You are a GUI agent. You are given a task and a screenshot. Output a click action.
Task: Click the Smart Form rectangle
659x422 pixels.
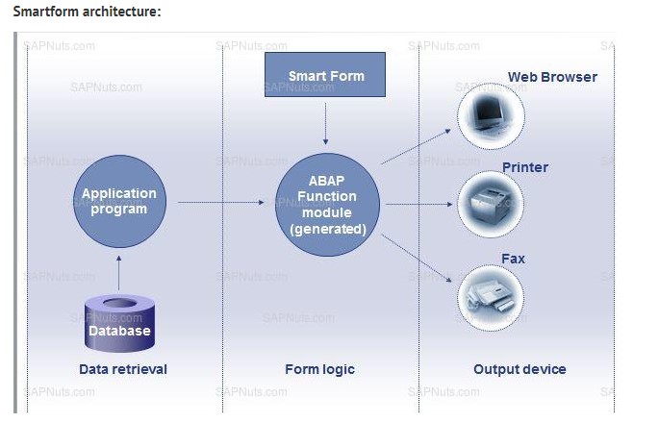[325, 75]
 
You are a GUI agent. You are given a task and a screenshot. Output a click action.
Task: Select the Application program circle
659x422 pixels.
[118, 202]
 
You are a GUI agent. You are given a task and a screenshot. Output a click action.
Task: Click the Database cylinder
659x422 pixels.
[119, 322]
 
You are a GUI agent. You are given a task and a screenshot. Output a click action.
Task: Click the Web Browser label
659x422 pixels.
[552, 77]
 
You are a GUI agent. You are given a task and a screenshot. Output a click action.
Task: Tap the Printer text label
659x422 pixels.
[525, 167]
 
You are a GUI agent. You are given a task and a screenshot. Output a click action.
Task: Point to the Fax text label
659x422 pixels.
[514, 259]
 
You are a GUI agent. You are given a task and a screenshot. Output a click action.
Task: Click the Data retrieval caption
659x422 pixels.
[123, 369]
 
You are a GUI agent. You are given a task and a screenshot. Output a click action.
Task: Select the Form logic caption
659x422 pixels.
[319, 369]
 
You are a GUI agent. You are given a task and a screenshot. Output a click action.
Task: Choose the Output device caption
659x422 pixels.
[520, 369]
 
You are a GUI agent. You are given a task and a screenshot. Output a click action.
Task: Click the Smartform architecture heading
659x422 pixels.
[87, 12]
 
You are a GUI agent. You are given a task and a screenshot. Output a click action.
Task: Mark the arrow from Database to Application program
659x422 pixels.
[118, 274]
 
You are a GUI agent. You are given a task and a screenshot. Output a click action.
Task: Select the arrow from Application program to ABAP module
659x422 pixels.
[220, 203]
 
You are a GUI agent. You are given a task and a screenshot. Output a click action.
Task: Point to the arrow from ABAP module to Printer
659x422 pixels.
[418, 204]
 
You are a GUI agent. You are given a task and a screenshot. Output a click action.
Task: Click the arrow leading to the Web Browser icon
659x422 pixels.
[417, 148]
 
